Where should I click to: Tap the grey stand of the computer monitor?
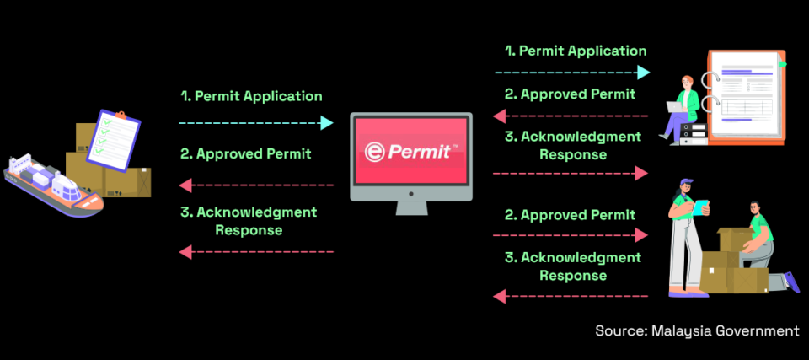pyautogui.click(x=410, y=205)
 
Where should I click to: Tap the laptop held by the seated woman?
pyautogui.click(x=677, y=106)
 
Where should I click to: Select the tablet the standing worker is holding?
pyautogui.click(x=701, y=206)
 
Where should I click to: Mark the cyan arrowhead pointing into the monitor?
pyautogui.click(x=327, y=123)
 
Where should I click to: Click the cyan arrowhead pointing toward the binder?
pyautogui.click(x=644, y=72)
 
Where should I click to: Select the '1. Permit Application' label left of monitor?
pyautogui.click(x=251, y=96)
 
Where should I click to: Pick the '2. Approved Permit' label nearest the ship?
pyautogui.click(x=245, y=153)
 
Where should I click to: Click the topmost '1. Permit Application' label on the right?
pyautogui.click(x=576, y=51)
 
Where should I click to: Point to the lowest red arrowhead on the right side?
pyautogui.click(x=499, y=296)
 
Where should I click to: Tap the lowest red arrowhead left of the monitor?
pyautogui.click(x=185, y=251)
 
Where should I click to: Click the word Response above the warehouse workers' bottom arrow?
pyautogui.click(x=573, y=275)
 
